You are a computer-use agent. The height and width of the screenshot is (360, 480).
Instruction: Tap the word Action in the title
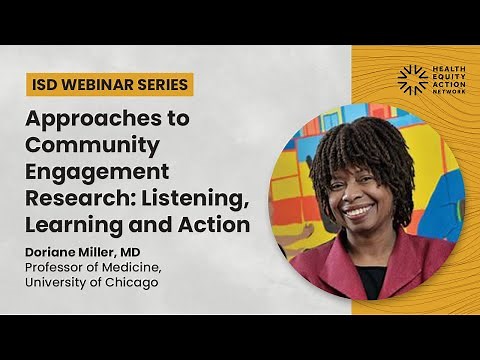click(x=212, y=225)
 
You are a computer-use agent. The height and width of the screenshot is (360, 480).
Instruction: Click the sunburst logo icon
click(x=412, y=80)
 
